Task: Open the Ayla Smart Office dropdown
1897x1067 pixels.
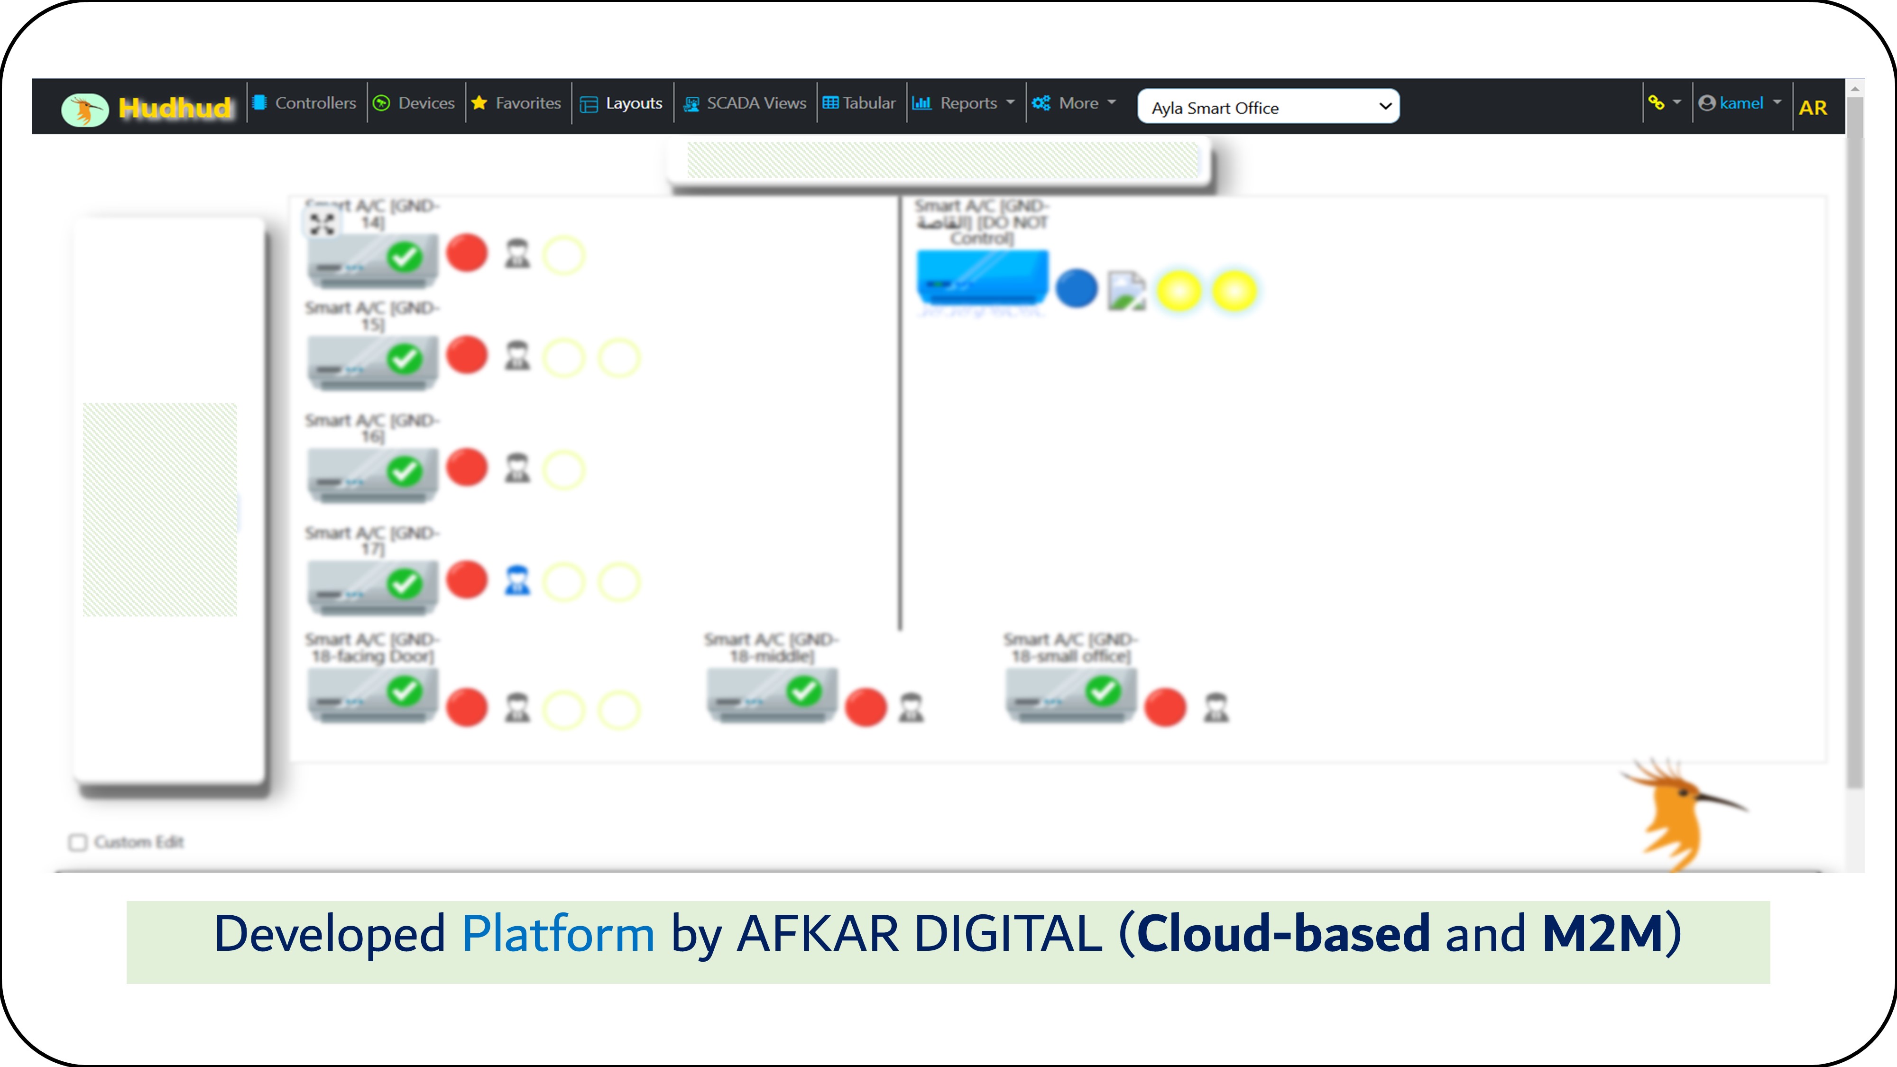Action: (x=1268, y=108)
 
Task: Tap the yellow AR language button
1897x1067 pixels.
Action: (x=1812, y=108)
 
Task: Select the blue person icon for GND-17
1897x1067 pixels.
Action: (x=517, y=581)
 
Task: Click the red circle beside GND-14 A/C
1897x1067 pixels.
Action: (x=467, y=253)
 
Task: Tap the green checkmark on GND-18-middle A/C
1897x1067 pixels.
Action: (x=803, y=691)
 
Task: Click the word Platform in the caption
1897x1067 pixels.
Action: (x=557, y=934)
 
